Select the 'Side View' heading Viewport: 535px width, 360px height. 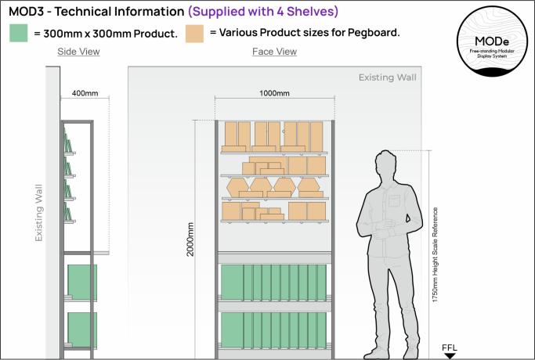pyautogui.click(x=78, y=52)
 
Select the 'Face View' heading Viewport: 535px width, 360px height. pyautogui.click(x=274, y=52)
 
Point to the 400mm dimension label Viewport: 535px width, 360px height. pyautogui.click(x=85, y=92)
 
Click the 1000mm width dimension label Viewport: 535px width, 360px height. pyautogui.click(x=274, y=93)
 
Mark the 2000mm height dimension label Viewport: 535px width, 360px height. pyautogui.click(x=190, y=243)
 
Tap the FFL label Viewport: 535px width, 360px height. pyautogui.click(x=450, y=345)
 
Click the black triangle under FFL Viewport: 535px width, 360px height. pyautogui.click(x=450, y=355)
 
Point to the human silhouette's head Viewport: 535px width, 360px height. pyautogui.click(x=387, y=167)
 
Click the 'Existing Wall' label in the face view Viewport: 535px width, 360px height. pyautogui.click(x=388, y=77)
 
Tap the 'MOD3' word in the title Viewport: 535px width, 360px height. pyautogui.click(x=27, y=12)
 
